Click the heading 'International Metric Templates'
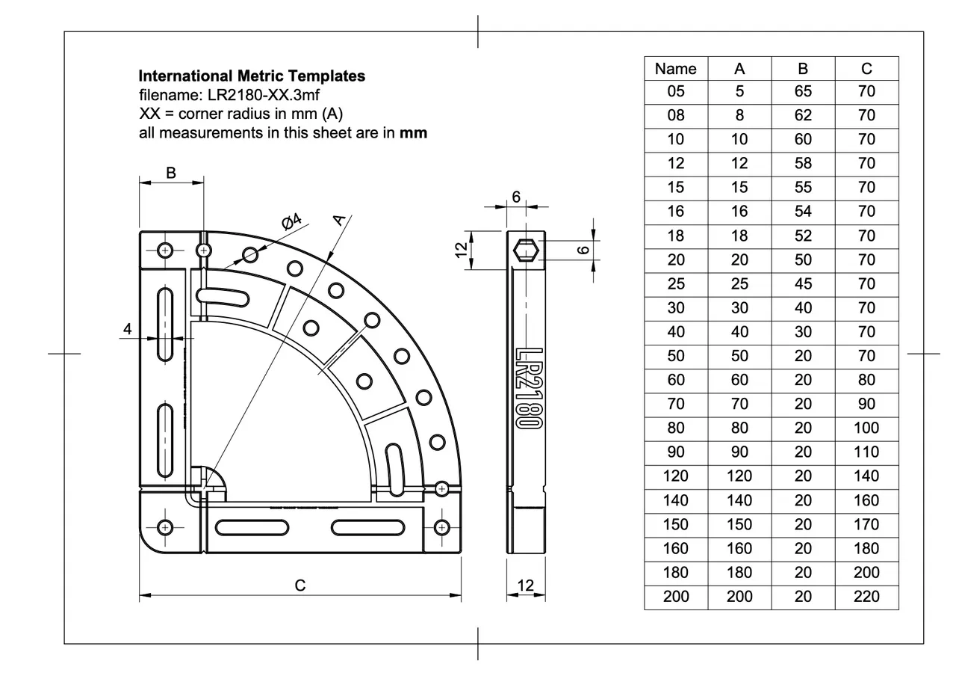[x=252, y=76]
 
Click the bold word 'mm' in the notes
[x=413, y=134]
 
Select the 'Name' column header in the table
[x=675, y=69]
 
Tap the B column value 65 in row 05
[x=803, y=92]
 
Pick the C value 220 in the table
[x=866, y=597]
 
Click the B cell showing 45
[x=803, y=284]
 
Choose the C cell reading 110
[x=866, y=452]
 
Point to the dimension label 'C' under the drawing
[x=299, y=586]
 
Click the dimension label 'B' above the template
[x=170, y=173]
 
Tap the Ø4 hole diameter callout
[x=291, y=221]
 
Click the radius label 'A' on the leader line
[x=339, y=218]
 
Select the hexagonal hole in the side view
[x=527, y=249]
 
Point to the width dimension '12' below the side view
[x=526, y=585]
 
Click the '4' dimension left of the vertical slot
[x=127, y=328]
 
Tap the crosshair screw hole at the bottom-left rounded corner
[x=165, y=526]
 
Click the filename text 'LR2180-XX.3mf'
[x=242, y=95]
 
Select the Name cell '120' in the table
[x=675, y=476]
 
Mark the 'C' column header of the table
[x=866, y=69]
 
